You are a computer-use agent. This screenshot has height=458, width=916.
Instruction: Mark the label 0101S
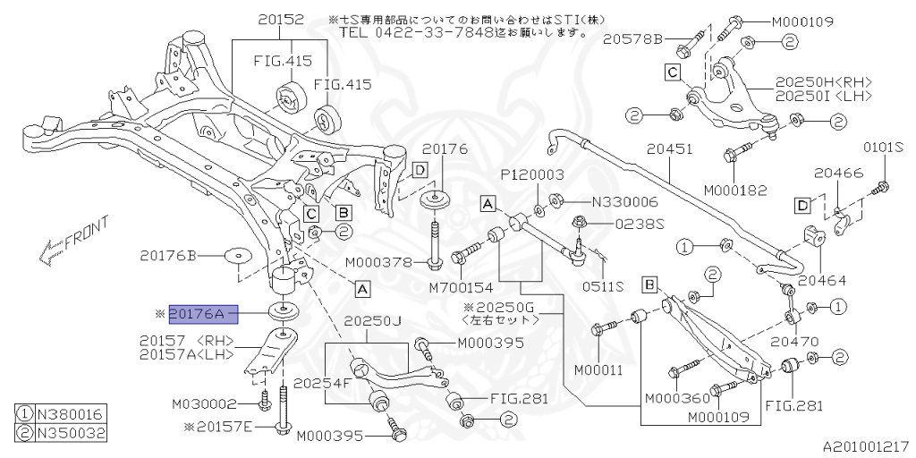coord(883,147)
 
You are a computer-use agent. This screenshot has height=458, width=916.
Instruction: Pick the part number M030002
coord(204,403)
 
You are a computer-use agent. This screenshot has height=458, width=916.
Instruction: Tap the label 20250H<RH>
coord(825,82)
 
